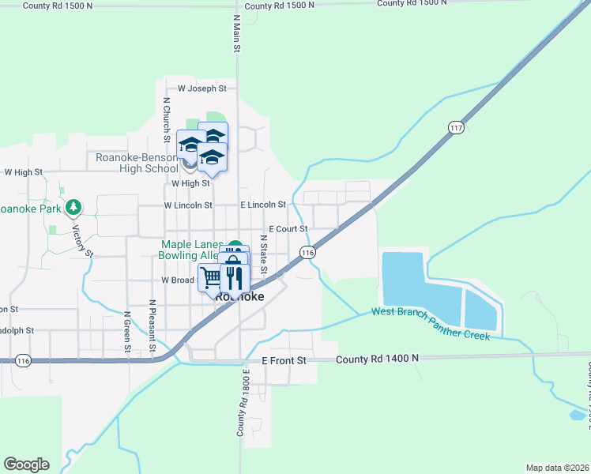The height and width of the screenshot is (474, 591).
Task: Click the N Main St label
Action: (x=236, y=33)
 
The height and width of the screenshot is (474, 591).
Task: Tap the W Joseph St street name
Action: (x=202, y=89)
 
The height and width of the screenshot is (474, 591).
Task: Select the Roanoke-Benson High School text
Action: (x=137, y=163)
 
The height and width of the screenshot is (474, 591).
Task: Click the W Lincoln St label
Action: (x=188, y=205)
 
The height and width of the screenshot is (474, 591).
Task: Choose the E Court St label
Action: (x=293, y=229)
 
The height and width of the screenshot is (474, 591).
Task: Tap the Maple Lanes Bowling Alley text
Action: (x=193, y=250)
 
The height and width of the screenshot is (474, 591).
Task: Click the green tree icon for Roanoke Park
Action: (x=74, y=208)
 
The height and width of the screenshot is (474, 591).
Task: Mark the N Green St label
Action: (x=126, y=332)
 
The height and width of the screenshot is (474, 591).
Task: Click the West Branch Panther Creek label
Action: (x=431, y=325)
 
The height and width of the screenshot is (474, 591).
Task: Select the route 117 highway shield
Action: (x=456, y=127)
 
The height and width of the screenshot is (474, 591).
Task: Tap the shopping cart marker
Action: (x=210, y=278)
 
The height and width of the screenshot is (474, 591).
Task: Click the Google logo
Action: (x=26, y=465)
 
